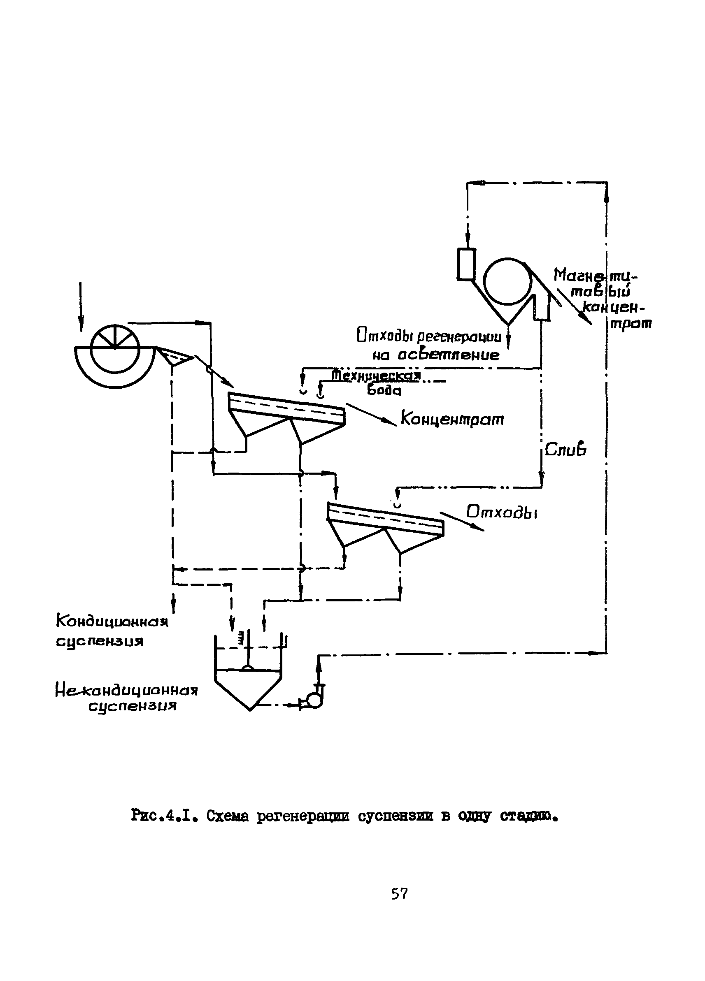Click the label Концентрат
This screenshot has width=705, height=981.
coord(452,419)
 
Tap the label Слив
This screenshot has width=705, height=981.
coord(565,450)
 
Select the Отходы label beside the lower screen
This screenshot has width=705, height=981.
coord(502,513)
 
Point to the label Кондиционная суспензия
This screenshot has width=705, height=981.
coord(112,631)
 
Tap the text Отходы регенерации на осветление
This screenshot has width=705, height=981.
coord(428,346)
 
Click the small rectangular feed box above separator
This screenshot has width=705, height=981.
coord(466,264)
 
